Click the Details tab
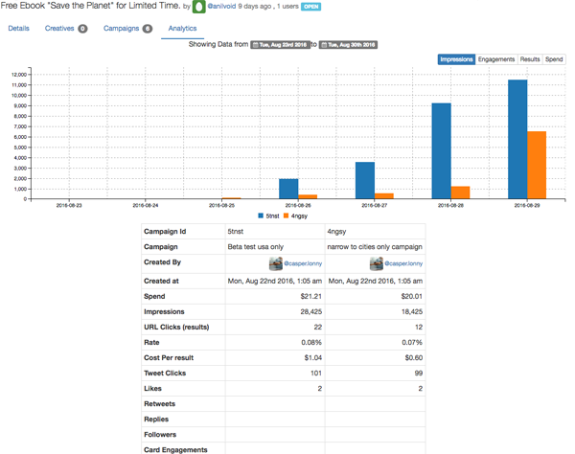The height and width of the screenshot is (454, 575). click(x=18, y=29)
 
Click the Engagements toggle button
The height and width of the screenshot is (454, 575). click(x=496, y=59)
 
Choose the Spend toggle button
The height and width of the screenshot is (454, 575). click(x=554, y=59)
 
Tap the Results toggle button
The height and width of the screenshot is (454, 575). click(x=530, y=59)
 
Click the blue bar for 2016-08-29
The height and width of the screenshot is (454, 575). click(x=517, y=139)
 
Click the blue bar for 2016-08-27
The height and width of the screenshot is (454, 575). click(x=365, y=180)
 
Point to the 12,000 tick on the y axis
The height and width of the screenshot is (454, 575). click(x=17, y=75)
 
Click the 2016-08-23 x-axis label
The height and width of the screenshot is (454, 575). click(x=68, y=205)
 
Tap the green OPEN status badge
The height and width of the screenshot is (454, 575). click(x=310, y=7)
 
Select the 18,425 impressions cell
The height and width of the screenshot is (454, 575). click(x=406, y=311)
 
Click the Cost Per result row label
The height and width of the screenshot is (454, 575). click(x=173, y=358)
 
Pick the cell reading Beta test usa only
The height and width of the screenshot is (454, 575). click(x=255, y=246)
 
